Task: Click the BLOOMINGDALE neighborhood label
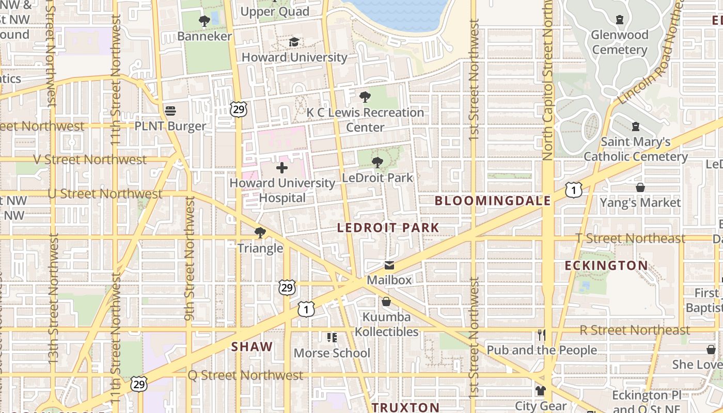click(493, 201)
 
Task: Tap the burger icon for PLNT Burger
click(170, 111)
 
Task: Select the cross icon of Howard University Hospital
click(282, 168)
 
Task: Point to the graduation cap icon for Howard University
click(294, 42)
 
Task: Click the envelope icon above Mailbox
click(389, 265)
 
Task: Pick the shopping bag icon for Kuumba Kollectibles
click(386, 301)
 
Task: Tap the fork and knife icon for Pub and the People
click(541, 335)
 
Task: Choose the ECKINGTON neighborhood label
click(606, 266)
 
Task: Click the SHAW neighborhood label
click(252, 347)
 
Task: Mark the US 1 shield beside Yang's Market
click(573, 190)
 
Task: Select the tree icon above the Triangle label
click(260, 233)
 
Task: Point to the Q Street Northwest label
click(245, 375)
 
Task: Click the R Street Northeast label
click(635, 330)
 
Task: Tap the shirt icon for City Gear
click(541, 391)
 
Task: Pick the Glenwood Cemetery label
click(620, 42)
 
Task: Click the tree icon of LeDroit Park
click(378, 163)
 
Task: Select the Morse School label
click(332, 353)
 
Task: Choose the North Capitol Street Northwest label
click(548, 80)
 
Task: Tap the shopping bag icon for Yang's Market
click(640, 187)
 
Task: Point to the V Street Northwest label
click(90, 160)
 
